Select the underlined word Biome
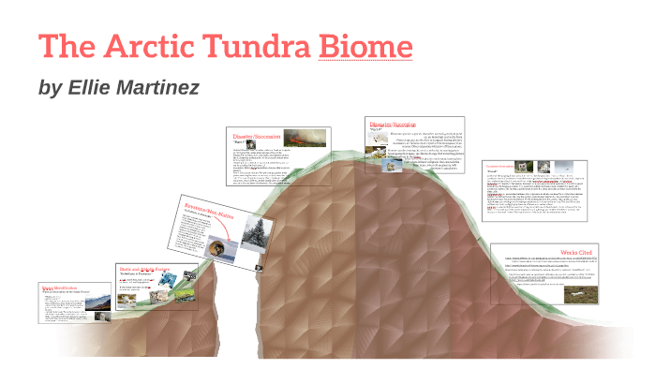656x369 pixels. [x=365, y=46]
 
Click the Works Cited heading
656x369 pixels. [x=579, y=253]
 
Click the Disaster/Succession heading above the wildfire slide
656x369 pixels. [x=253, y=137]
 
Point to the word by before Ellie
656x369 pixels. [x=50, y=88]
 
